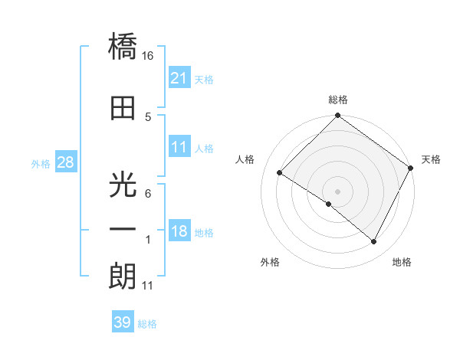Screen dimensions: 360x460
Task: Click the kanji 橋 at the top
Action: [x=123, y=49]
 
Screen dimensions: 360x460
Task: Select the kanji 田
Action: [x=123, y=108]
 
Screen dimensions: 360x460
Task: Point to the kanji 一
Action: [x=123, y=229]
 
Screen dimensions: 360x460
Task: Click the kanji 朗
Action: [x=123, y=276]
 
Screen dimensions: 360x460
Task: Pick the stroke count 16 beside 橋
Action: [x=148, y=56]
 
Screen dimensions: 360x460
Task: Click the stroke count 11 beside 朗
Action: [x=147, y=286]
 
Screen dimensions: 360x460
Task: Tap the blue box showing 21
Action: [x=179, y=78]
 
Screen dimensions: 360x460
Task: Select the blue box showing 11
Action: [x=179, y=147]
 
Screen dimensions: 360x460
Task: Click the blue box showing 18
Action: [x=179, y=232]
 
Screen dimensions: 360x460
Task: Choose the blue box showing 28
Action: [x=65, y=162]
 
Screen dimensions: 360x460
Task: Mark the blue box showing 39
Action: [x=122, y=322]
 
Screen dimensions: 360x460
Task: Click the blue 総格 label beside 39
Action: [x=147, y=324]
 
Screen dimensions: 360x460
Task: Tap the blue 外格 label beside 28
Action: [x=41, y=163]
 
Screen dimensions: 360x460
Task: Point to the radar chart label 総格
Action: [x=338, y=100]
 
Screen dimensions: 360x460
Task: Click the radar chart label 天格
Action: [x=431, y=159]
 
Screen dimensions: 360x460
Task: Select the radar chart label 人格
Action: [x=245, y=159]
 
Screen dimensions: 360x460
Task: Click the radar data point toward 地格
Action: [x=374, y=242]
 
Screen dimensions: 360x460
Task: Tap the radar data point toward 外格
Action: [x=329, y=204]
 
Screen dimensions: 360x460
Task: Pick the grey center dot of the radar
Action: [x=337, y=191]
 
